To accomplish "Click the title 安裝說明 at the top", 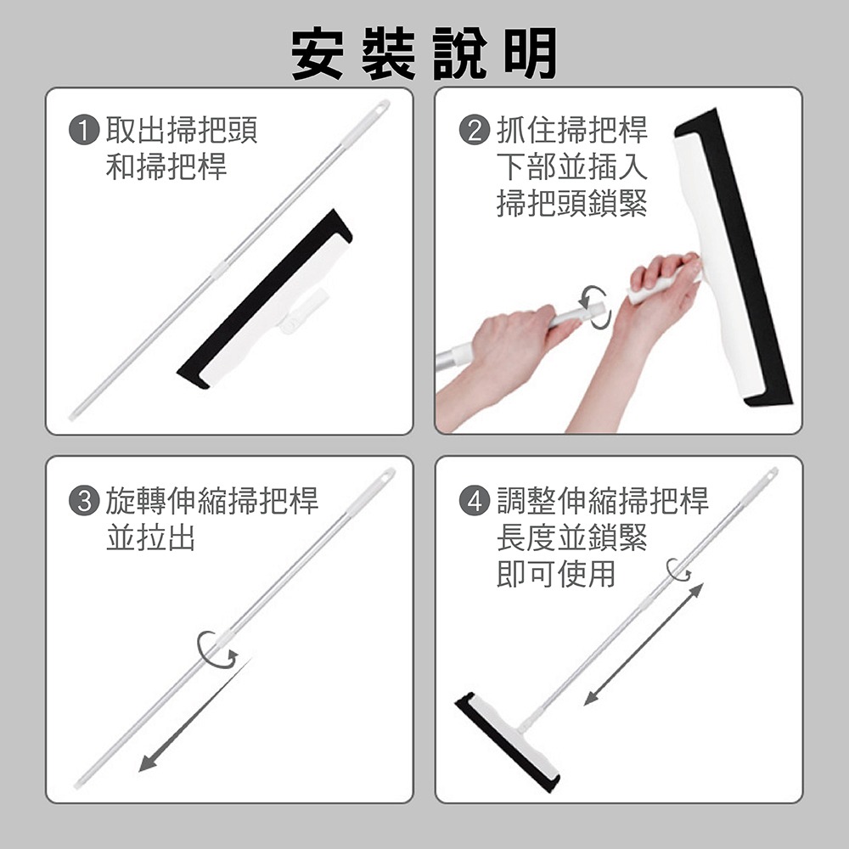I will [424, 53].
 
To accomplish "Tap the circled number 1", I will [84, 131].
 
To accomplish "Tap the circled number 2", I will [475, 131].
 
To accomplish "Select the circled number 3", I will [84, 501].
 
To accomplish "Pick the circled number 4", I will [475, 501].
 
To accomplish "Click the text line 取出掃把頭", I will [180, 131].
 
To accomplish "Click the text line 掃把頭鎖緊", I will [571, 204].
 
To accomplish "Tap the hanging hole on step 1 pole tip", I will [381, 107].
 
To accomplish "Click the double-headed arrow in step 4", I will [644, 644].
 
